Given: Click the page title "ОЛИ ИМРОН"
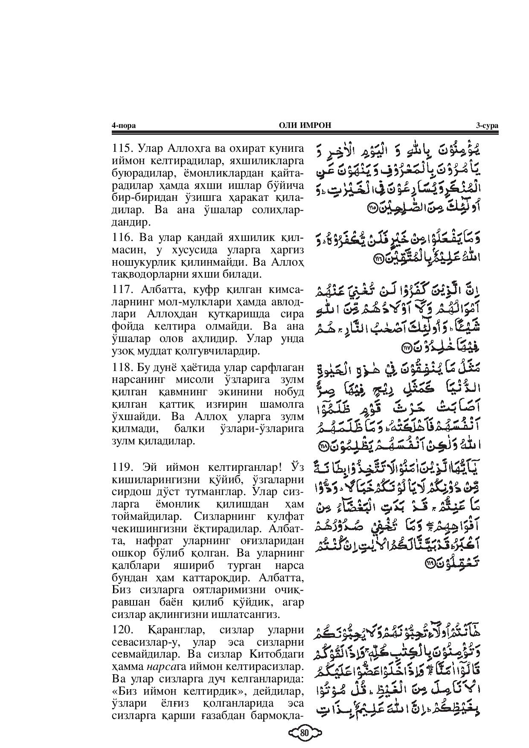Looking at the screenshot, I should [x=305, y=125].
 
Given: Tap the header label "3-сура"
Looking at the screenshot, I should [x=487, y=125].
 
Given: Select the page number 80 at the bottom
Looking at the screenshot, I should [x=304, y=734].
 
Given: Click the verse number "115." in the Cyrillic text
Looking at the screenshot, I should [x=122, y=149].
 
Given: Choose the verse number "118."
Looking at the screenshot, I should [x=122, y=368].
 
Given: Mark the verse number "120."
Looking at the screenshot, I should [x=122, y=630].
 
